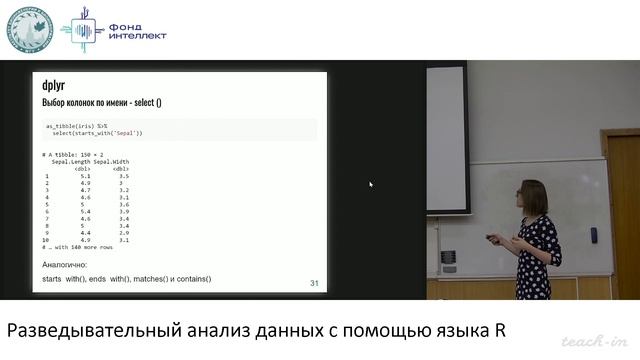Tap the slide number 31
314,284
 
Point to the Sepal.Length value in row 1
85,176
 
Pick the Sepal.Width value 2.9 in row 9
123,233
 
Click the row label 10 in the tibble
46,241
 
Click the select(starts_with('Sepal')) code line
97,132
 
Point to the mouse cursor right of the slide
371,184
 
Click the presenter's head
531,197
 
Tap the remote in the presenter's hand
491,238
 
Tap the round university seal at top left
30,30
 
